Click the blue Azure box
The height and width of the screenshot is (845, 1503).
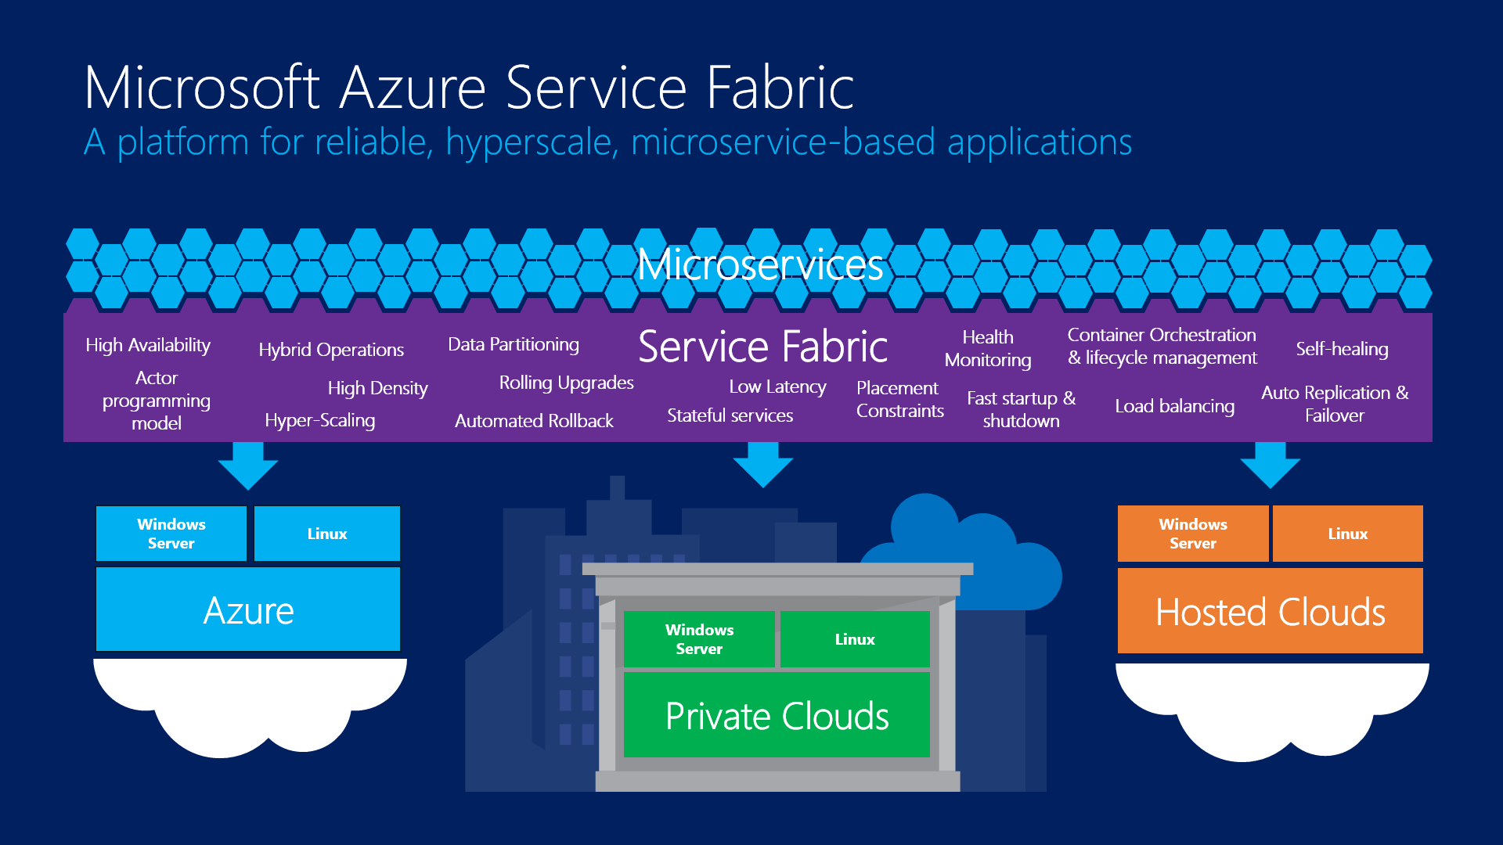click(248, 609)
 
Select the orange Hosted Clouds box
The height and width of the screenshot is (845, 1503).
click(1270, 611)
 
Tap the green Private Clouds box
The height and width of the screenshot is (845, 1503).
click(777, 715)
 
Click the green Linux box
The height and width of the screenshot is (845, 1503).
click(855, 639)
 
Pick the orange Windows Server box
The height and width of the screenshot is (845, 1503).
click(1192, 534)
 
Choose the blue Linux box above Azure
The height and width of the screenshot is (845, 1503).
click(326, 534)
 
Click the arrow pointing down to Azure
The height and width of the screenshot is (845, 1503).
click(248, 466)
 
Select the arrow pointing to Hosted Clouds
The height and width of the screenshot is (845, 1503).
click(1270, 466)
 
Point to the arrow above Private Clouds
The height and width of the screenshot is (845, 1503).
click(763, 465)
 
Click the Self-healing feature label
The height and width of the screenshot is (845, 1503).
click(1342, 349)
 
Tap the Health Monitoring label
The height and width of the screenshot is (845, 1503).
click(988, 348)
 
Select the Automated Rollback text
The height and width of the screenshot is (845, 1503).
click(534, 421)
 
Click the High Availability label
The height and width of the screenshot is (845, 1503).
click(148, 345)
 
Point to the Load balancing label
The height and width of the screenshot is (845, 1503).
click(1174, 406)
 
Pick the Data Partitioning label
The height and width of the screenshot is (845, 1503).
click(514, 344)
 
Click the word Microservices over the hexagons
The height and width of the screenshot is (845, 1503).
click(760, 264)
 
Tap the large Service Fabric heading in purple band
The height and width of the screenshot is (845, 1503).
click(762, 347)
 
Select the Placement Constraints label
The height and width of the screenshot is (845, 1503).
click(899, 399)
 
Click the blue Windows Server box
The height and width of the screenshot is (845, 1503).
click(171, 534)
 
